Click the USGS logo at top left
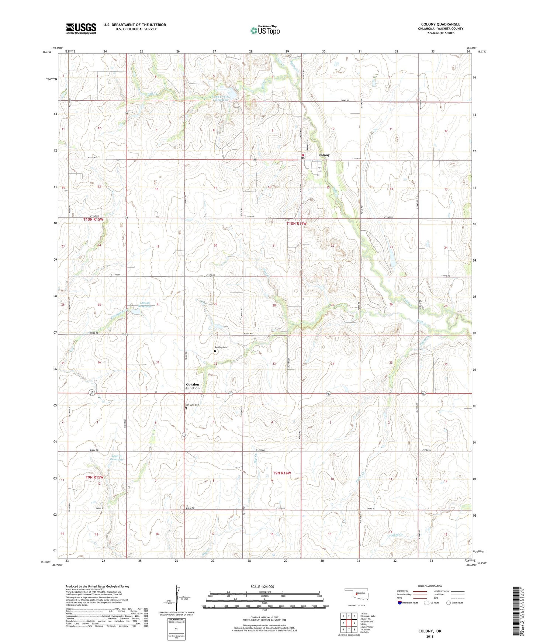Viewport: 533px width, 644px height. click(x=81, y=28)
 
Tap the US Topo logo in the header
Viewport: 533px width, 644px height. click(x=265, y=30)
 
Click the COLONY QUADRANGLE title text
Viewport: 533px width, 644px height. click(x=440, y=24)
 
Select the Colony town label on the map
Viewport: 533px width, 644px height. click(x=324, y=155)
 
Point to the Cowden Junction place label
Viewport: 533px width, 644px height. click(x=193, y=386)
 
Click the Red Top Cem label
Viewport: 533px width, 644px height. click(x=221, y=347)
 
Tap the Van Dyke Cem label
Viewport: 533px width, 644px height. click(x=192, y=405)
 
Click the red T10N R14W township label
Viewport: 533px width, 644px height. click(x=297, y=224)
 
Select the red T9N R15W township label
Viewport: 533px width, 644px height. click(x=94, y=477)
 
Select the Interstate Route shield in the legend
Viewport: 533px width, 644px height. click(x=400, y=603)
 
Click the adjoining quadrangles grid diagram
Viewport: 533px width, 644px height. click(x=349, y=623)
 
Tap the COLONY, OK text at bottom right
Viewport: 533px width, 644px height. click(x=429, y=631)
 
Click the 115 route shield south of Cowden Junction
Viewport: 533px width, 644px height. click(x=184, y=435)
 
